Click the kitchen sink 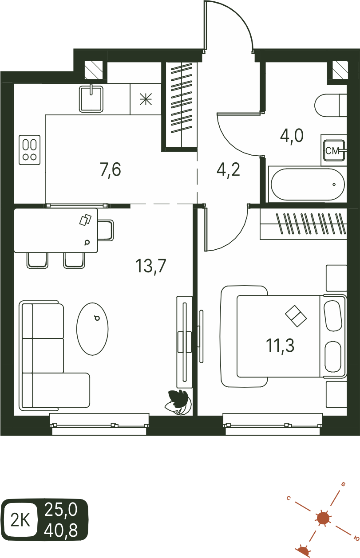pos(91,99)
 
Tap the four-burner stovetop pos(30,150)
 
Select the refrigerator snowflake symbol pos(146,99)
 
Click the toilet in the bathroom pos(331,105)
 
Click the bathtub pos(308,185)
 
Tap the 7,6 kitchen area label pos(111,169)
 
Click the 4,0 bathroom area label pos(292,136)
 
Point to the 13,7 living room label pos(151,266)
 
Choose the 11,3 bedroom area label pos(280,346)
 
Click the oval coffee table pos(92,329)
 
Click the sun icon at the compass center pos(323,518)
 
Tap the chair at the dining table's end pos(106,230)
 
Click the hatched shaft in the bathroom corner pos(340,70)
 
